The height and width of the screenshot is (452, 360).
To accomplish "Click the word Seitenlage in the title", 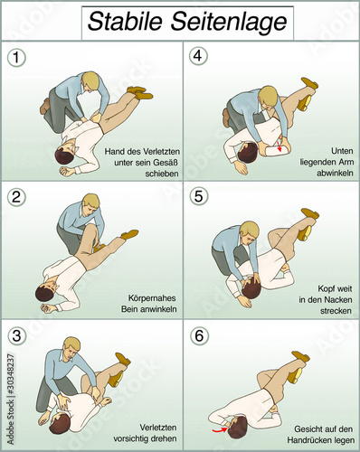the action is (x=229, y=23).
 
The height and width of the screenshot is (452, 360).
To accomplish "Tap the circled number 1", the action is (x=16, y=58).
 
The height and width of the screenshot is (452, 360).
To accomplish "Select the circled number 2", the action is (x=16, y=197).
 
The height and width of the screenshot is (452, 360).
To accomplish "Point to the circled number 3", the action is (x=16, y=335).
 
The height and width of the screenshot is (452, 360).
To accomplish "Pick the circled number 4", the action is (x=198, y=56).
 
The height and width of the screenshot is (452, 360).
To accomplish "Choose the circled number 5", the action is (x=199, y=196).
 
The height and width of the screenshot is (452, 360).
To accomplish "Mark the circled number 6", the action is (x=199, y=335).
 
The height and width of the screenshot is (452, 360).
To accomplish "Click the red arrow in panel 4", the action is (x=279, y=146).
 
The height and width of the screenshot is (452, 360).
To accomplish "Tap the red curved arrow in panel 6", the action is (x=220, y=429).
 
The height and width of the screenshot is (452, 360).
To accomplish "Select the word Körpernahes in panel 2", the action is (x=152, y=298).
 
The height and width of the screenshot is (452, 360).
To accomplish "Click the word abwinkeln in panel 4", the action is (x=335, y=173).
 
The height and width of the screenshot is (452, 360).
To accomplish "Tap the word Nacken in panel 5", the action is (x=337, y=300).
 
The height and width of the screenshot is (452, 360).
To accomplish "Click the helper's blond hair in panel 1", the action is (x=90, y=79).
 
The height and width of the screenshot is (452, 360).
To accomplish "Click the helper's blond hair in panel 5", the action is (x=251, y=230).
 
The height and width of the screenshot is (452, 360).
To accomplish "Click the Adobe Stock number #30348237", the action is (x=11, y=376).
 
